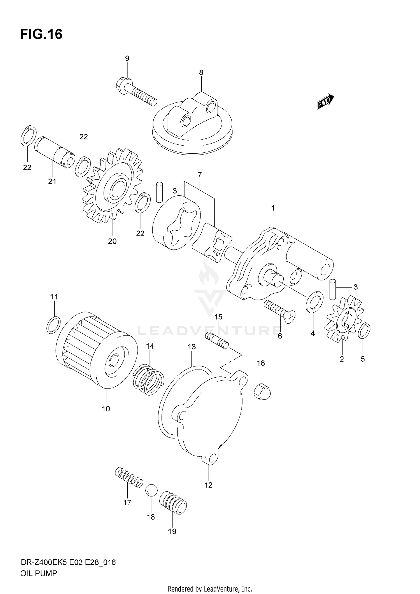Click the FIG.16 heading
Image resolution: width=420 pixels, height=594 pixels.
[41, 34]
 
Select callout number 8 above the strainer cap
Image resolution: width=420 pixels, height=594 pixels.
[201, 73]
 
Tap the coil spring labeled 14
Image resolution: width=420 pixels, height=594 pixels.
[149, 379]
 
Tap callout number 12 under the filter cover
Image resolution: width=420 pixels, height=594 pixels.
[209, 485]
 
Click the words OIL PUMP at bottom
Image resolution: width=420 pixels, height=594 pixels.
[39, 574]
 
